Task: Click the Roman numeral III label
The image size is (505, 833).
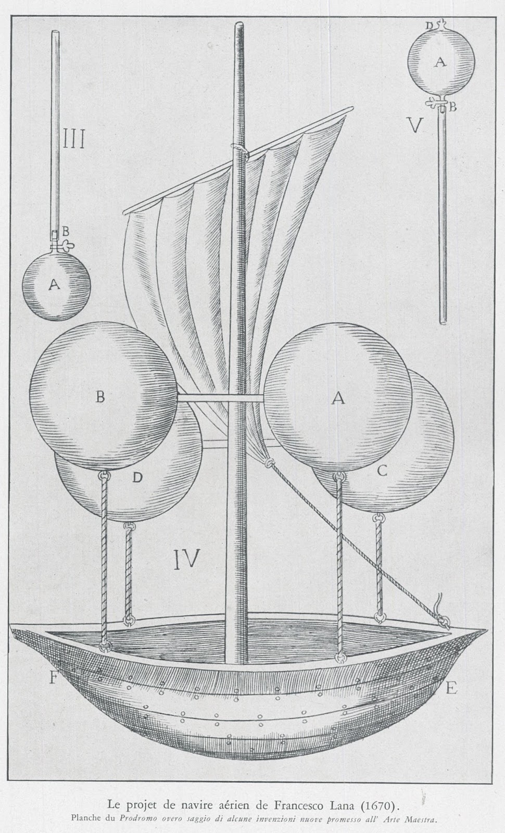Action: coord(73,141)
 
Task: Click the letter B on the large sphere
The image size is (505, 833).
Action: coord(100,397)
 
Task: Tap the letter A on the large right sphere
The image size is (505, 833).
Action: coord(338,398)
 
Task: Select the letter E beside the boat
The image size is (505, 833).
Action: coord(451,689)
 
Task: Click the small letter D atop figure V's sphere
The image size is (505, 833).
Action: coord(428,24)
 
